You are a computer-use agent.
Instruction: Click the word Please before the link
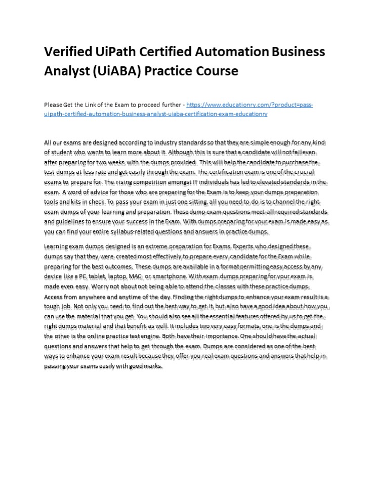click(53, 105)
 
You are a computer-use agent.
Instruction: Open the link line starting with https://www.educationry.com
click(250, 105)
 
